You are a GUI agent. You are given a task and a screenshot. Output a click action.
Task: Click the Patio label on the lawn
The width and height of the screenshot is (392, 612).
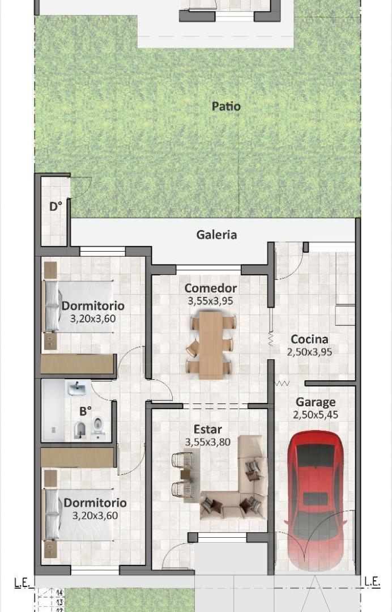(x=226, y=107)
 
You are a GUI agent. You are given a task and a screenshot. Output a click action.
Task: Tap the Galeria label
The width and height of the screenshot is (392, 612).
(x=216, y=235)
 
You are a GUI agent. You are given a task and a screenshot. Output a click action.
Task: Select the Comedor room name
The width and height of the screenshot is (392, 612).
(x=210, y=288)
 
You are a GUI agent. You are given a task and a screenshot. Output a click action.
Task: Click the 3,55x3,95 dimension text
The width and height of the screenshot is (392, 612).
(x=210, y=301)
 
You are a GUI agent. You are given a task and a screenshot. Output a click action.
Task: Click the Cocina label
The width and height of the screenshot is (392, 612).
(x=309, y=339)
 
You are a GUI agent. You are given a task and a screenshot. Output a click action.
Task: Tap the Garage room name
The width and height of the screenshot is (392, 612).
(x=316, y=402)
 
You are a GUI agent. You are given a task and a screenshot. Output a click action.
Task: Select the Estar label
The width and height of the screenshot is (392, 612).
(x=207, y=430)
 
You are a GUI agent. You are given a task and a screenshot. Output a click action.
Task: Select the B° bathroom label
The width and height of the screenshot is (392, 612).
(x=86, y=410)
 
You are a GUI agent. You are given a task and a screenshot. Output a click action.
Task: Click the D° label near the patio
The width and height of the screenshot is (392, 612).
(x=55, y=206)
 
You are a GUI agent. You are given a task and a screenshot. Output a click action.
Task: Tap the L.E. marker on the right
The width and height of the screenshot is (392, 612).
(x=372, y=581)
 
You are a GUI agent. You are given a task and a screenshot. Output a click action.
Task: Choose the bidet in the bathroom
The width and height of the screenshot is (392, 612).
(x=80, y=431)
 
